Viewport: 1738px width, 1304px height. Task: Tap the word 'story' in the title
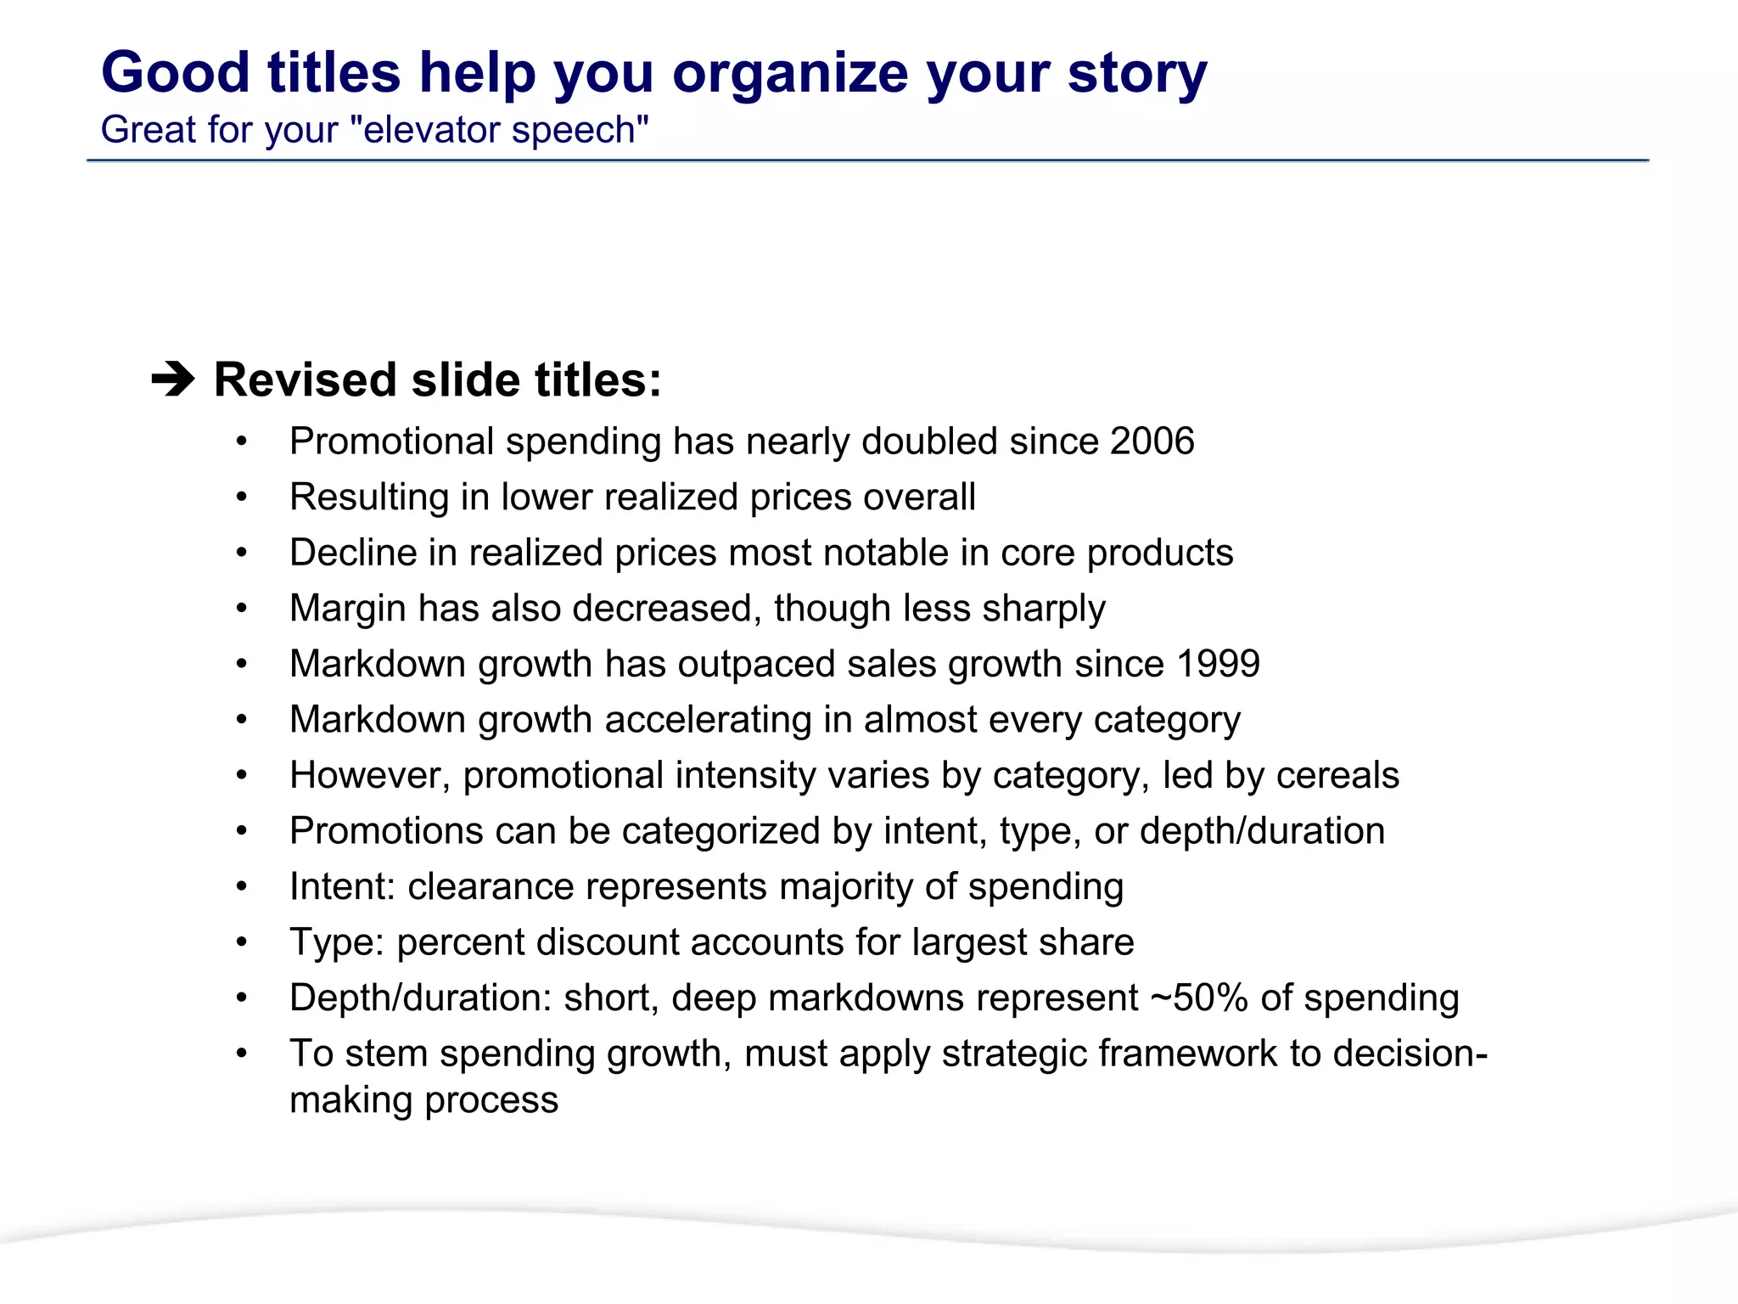pyautogui.click(x=1137, y=74)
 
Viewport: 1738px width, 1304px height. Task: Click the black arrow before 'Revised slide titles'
pyautogui.click(x=173, y=379)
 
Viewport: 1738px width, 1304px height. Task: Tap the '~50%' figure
pyautogui.click(x=1198, y=998)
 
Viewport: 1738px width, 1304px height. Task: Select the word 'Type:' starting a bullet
pyautogui.click(x=337, y=942)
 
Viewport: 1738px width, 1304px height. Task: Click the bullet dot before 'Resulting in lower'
pyautogui.click(x=242, y=497)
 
